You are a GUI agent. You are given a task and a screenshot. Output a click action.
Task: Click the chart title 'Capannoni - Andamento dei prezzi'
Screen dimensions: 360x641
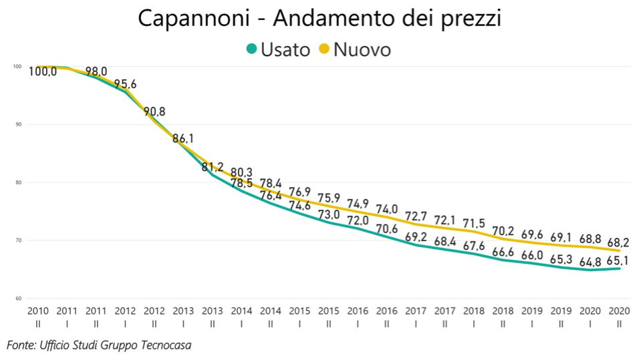[319, 18]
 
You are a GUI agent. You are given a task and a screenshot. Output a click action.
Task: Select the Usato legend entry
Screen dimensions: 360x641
[278, 49]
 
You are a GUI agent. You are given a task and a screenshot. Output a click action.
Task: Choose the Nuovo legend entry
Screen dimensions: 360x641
[354, 49]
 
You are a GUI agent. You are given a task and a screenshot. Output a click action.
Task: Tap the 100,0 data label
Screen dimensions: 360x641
[43, 71]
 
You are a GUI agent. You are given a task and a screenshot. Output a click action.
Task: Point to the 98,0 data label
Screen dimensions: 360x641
[96, 71]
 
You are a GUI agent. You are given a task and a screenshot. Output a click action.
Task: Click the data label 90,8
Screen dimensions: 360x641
[154, 112]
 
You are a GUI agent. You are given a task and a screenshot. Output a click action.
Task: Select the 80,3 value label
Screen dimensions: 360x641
[241, 172]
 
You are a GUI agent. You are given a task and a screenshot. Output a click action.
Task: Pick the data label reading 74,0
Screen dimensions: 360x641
[386, 210]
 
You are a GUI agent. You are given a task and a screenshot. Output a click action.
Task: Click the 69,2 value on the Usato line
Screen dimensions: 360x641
[416, 236]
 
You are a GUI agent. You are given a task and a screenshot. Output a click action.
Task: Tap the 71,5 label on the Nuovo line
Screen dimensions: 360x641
[474, 222]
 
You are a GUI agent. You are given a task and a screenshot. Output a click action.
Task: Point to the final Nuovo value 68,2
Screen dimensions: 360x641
[619, 242]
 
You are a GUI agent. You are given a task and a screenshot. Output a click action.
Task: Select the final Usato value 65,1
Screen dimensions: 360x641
[619, 261]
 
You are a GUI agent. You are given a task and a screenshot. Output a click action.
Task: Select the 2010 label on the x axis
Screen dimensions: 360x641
[37, 311]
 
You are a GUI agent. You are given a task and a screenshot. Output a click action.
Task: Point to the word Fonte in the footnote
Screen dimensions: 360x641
[20, 345]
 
